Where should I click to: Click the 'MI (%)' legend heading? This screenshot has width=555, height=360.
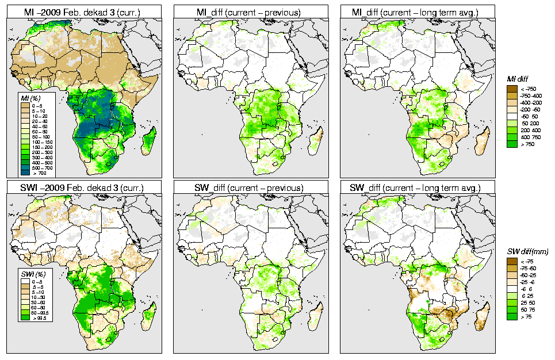coord(25,99)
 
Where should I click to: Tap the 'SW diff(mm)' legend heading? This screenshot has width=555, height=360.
coord(523,252)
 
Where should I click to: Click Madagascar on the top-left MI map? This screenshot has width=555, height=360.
coord(149,141)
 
